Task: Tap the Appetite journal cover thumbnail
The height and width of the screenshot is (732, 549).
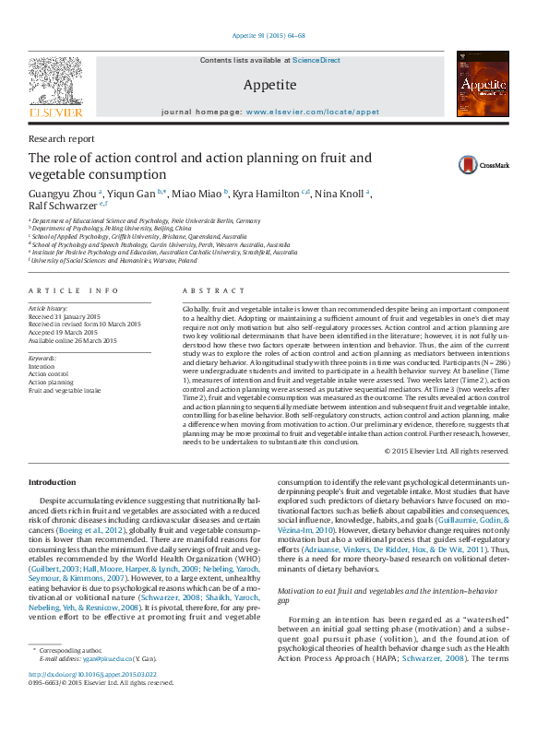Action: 483,84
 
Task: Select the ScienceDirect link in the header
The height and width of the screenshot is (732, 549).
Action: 316,60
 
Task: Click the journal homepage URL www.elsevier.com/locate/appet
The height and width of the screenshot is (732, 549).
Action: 313,111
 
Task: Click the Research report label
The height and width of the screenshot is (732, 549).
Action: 62,138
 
